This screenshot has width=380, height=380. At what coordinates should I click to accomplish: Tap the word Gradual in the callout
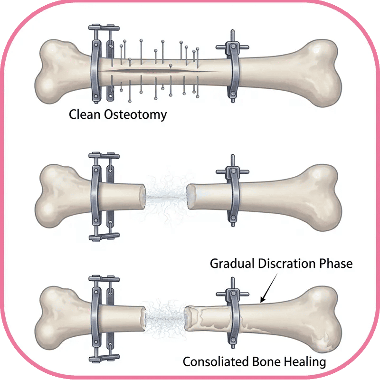pyautogui.click(x=233, y=264)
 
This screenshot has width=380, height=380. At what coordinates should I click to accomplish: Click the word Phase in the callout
pyautogui.click(x=337, y=264)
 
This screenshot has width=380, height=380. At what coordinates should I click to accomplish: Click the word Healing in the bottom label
pyautogui.click(x=302, y=362)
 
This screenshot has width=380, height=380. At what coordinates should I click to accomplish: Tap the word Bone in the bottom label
pyautogui.click(x=265, y=362)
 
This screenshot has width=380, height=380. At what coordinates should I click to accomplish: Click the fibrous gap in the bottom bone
pyautogui.click(x=164, y=313)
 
